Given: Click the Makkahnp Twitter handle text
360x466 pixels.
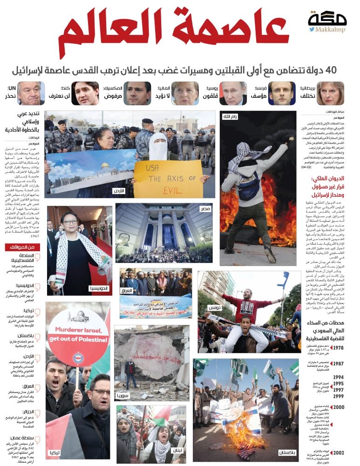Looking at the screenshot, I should pos(332,29).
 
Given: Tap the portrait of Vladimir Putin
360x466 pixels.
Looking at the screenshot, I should pos(233,93).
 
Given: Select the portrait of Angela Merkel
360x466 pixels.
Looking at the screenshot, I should pos(185,93).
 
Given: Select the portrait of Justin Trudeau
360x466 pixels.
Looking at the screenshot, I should pos(85,93).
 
